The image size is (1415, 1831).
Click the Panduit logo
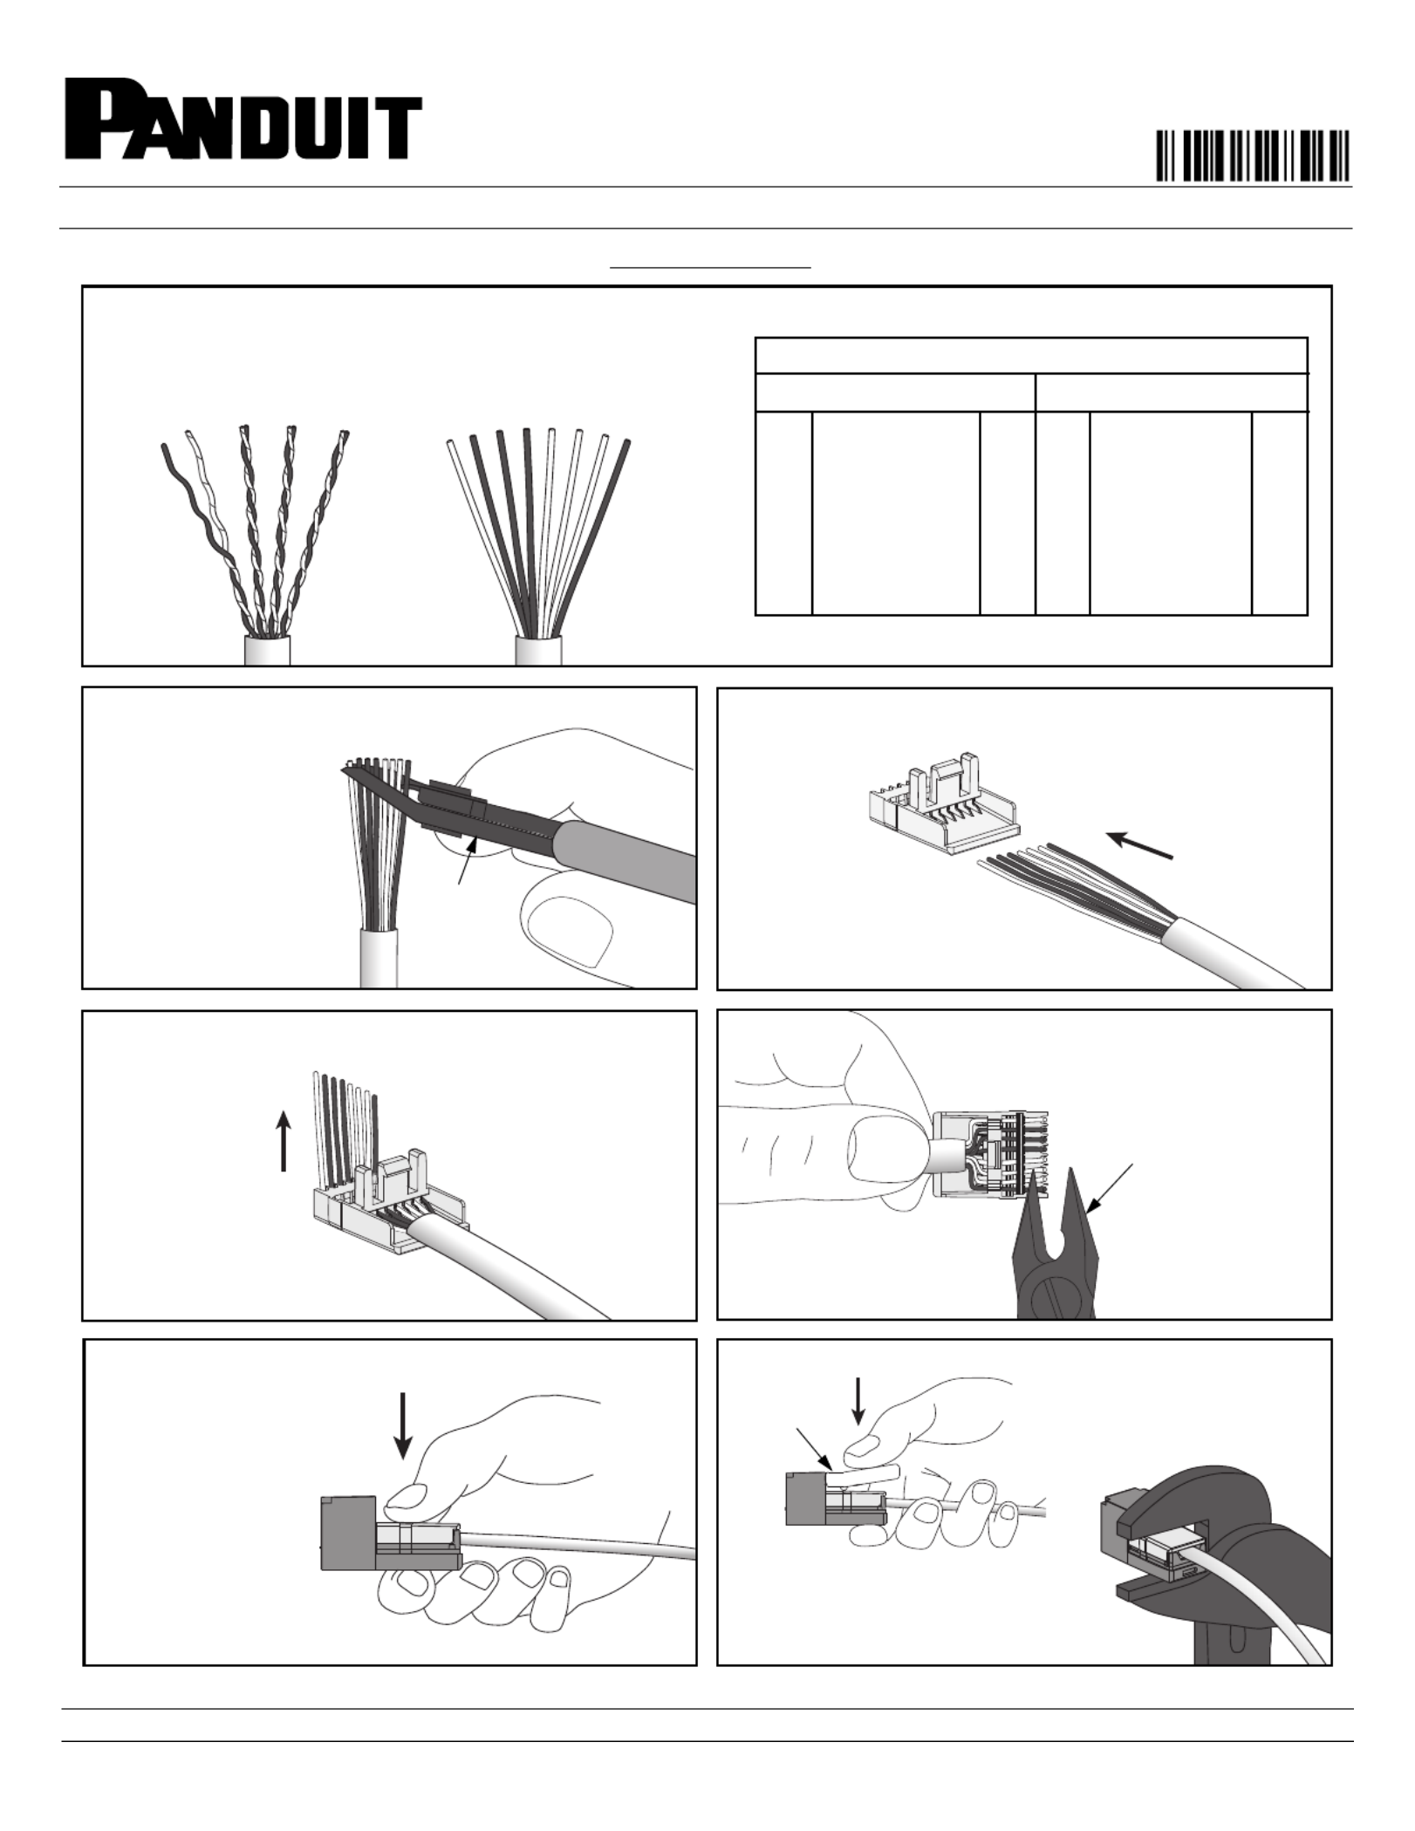(x=243, y=120)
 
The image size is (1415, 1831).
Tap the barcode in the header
(x=1253, y=155)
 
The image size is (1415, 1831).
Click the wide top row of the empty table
(x=1031, y=355)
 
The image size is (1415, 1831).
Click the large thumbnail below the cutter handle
(x=571, y=932)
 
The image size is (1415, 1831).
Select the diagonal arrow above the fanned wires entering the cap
(x=1140, y=845)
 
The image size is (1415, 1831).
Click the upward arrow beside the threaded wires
(x=284, y=1140)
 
